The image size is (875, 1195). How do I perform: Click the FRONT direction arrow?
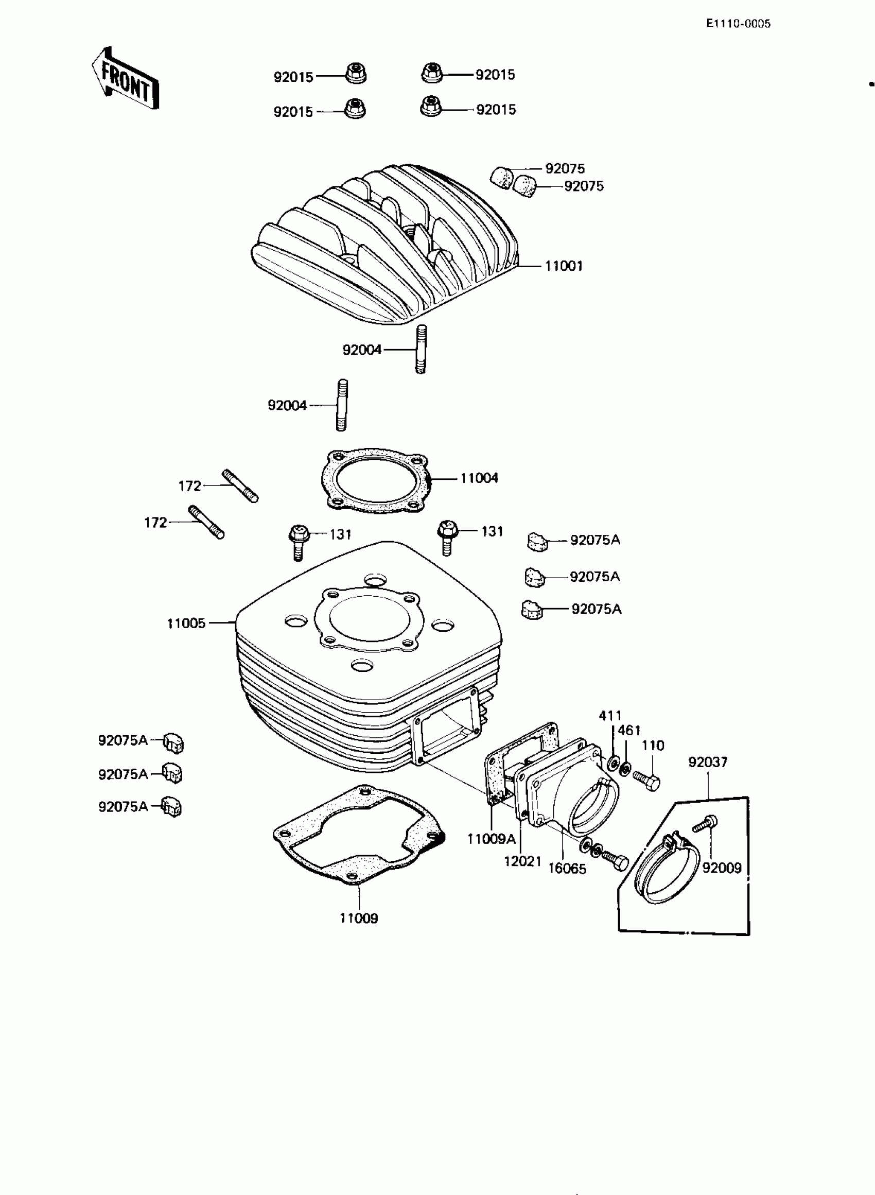click(126, 78)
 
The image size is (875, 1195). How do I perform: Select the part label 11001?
click(564, 266)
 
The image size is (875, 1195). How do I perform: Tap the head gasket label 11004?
click(479, 478)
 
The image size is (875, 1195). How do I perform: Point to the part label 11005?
click(186, 624)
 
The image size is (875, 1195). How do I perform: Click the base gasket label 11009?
click(359, 918)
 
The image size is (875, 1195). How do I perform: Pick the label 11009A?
click(491, 839)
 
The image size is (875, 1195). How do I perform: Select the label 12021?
click(522, 862)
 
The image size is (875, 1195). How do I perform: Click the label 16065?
click(567, 869)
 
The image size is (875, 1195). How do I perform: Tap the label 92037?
click(708, 762)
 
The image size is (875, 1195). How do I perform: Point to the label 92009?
click(722, 868)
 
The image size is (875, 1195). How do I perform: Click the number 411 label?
click(610, 716)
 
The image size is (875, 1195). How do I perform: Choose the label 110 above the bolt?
click(653, 746)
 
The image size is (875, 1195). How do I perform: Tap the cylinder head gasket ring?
click(375, 480)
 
